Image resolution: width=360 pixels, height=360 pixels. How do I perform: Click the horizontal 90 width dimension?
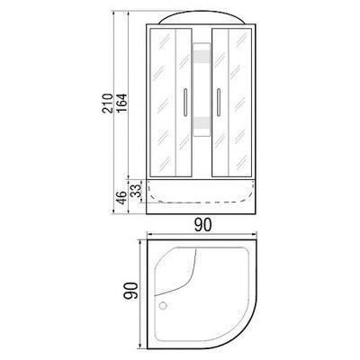204,225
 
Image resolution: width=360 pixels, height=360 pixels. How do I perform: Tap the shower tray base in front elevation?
203,193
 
